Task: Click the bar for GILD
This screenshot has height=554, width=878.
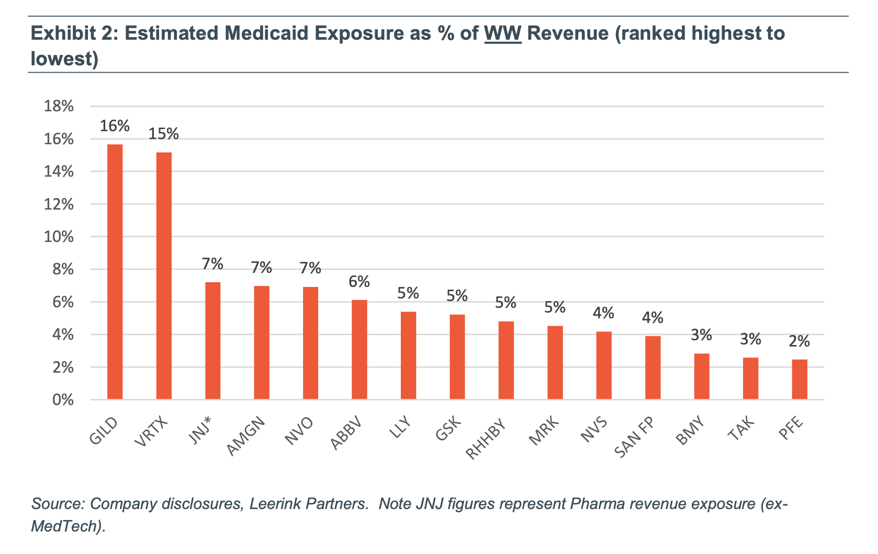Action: (115, 272)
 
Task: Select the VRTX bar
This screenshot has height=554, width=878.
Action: (164, 276)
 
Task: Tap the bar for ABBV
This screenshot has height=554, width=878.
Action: (359, 350)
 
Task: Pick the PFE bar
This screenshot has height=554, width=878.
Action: (800, 379)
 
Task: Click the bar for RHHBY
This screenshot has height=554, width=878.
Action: (506, 361)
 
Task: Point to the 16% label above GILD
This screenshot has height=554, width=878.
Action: (115, 126)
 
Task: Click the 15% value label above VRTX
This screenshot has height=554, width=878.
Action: (164, 134)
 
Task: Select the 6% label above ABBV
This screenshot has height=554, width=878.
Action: (359, 282)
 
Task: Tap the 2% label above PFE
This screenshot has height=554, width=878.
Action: (800, 342)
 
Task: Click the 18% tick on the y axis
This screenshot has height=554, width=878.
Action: (59, 107)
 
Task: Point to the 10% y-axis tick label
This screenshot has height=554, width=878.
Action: (59, 237)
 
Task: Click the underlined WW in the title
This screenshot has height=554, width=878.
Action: (503, 33)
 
